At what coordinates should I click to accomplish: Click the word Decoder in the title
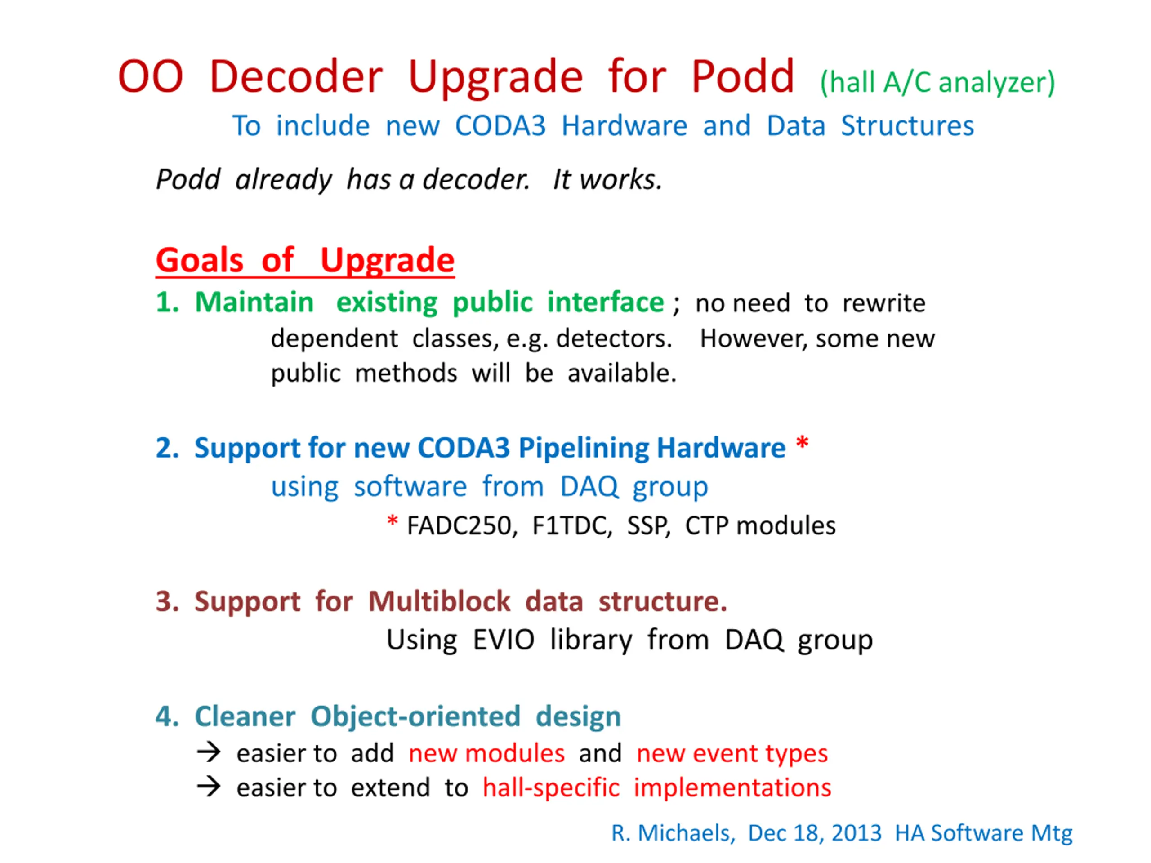(296, 76)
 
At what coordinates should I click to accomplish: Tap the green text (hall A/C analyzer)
(937, 83)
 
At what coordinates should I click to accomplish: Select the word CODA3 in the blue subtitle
(500, 126)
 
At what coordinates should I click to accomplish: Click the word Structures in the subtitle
(907, 126)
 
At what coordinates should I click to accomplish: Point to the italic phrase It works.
(607, 179)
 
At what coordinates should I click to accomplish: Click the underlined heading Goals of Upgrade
(305, 260)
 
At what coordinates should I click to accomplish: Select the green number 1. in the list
(168, 302)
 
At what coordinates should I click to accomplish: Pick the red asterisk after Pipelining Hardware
(803, 443)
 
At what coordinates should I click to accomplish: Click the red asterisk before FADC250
(393, 520)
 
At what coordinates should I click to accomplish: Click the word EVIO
(504, 640)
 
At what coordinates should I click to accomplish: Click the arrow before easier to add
(209, 752)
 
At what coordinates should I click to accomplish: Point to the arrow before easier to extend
(209, 787)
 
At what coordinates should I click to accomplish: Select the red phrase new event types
(732, 754)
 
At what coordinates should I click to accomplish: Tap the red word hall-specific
(551, 788)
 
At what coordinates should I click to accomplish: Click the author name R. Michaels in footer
(673, 833)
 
